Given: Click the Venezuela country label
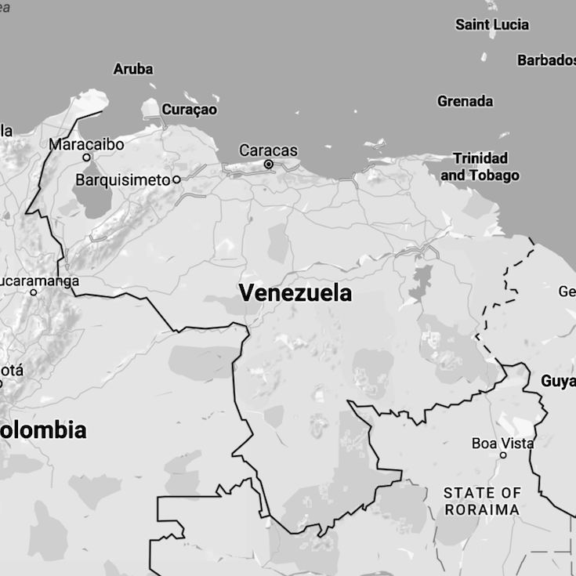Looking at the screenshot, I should pyautogui.click(x=295, y=294).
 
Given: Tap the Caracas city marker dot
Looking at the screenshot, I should pyautogui.click(x=269, y=165).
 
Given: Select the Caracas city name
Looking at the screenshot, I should pyautogui.click(x=268, y=150).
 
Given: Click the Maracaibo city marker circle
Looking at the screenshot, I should pyautogui.click(x=87, y=158).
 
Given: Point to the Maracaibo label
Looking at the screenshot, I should pyautogui.click(x=86, y=144).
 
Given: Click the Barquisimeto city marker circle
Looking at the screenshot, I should pyautogui.click(x=176, y=179).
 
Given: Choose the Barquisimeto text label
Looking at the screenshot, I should pyautogui.click(x=122, y=180).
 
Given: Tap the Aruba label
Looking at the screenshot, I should pyautogui.click(x=133, y=69).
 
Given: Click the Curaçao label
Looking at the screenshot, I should pyautogui.click(x=189, y=110).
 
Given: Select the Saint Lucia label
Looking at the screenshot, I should pyautogui.click(x=492, y=25).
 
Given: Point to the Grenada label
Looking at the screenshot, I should pyautogui.click(x=466, y=101).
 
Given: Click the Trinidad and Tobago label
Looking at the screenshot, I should pyautogui.click(x=480, y=167).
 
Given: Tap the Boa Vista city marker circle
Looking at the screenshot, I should pyautogui.click(x=503, y=455).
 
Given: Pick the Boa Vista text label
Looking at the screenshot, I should pyautogui.click(x=502, y=444).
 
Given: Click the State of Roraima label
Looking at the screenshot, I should pyautogui.click(x=482, y=501).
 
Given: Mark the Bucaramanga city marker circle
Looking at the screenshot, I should pyautogui.click(x=34, y=292).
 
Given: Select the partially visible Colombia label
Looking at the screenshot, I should pyautogui.click(x=43, y=430).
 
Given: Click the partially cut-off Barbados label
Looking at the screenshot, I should pyautogui.click(x=546, y=60).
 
